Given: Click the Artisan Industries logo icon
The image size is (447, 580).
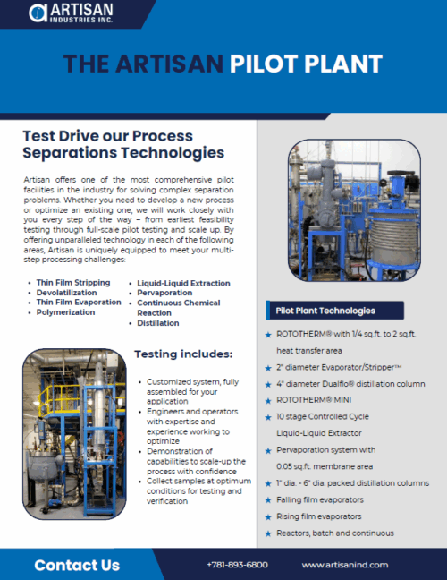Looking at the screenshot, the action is pos(38,13).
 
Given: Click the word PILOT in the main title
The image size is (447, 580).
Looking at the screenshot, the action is pos(264,64).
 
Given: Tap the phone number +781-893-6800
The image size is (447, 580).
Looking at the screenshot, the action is pos(237,565).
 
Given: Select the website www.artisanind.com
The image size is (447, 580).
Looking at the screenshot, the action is pos(345,565).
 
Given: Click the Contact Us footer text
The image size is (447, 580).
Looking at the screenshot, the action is pos(77,565).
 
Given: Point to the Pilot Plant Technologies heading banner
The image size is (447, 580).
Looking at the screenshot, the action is pos(335,311).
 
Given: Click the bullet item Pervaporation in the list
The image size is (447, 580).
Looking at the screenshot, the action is pos(164,293).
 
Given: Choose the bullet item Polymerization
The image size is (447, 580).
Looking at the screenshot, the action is pos(65,312).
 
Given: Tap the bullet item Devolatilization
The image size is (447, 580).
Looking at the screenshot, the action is pos(66,293).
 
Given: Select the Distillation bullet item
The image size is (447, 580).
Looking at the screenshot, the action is pos(158,323).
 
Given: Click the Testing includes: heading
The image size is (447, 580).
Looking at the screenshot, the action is pos(183,354).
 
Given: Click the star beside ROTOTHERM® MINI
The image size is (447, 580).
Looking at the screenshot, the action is pos(268,401).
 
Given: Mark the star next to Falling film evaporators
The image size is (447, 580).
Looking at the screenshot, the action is pos(268,500).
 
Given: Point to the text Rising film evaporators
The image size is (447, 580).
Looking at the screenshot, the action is pos(319,516).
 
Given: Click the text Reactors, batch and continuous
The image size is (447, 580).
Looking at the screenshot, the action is pos(335,533).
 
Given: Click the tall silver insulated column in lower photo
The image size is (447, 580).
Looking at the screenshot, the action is pos(99,407).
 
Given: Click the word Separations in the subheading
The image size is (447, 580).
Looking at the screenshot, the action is pos(69,153).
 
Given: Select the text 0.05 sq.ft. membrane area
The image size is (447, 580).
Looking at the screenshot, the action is pos(325,466).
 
